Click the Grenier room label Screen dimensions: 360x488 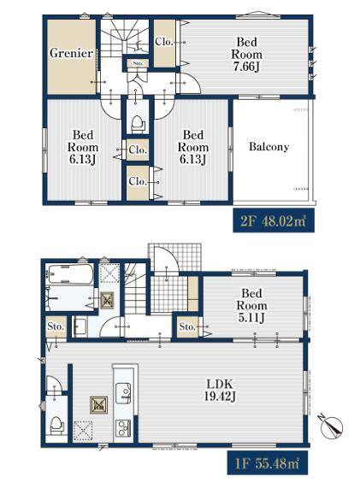click(71, 53)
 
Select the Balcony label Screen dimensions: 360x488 click(269, 146)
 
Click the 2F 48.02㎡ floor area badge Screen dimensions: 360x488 click(274, 220)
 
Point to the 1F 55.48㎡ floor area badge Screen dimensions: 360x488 click(268, 463)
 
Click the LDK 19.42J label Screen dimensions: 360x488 click(220, 390)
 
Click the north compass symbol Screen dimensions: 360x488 click(332, 425)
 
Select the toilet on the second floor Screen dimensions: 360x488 click(138, 125)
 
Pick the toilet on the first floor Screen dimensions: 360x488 click(57, 426)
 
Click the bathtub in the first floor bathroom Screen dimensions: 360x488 click(70, 274)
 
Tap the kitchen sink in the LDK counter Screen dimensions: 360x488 click(123, 393)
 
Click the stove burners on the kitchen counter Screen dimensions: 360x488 click(123, 428)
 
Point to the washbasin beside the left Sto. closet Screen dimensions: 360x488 click(80, 326)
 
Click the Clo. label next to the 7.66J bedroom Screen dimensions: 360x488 click(164, 41)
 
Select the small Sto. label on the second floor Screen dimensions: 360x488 click(138, 63)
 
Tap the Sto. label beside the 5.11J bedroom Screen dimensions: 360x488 click(187, 326)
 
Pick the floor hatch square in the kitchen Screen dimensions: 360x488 click(98, 404)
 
